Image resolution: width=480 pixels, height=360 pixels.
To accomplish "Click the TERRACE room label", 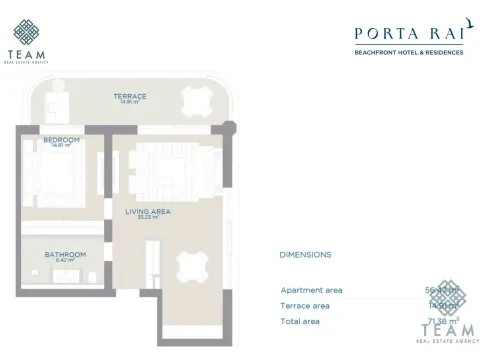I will coord(129,96).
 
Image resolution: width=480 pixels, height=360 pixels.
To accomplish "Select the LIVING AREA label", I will coord(147,212).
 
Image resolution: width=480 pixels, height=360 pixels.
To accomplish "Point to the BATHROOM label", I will coord(65,254).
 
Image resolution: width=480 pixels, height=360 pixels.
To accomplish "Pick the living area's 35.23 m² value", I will coord(147,218).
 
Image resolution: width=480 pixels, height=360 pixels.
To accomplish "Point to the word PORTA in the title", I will coord(386,32).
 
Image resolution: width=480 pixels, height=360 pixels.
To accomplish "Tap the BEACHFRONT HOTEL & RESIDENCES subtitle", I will coord(410,52).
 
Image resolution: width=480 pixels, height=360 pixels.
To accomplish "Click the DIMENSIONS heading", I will coord(306,255).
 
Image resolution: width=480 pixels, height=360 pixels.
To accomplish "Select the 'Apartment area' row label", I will coord(311,290).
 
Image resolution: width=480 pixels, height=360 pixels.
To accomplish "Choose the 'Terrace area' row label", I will coord(306,305).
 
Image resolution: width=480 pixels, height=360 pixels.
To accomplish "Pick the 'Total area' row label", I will coord(301,321).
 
